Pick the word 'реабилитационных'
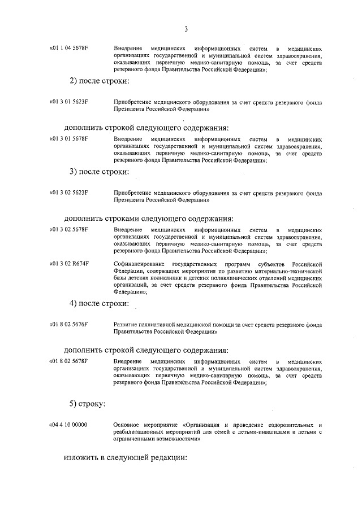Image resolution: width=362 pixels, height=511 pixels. (137, 431)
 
